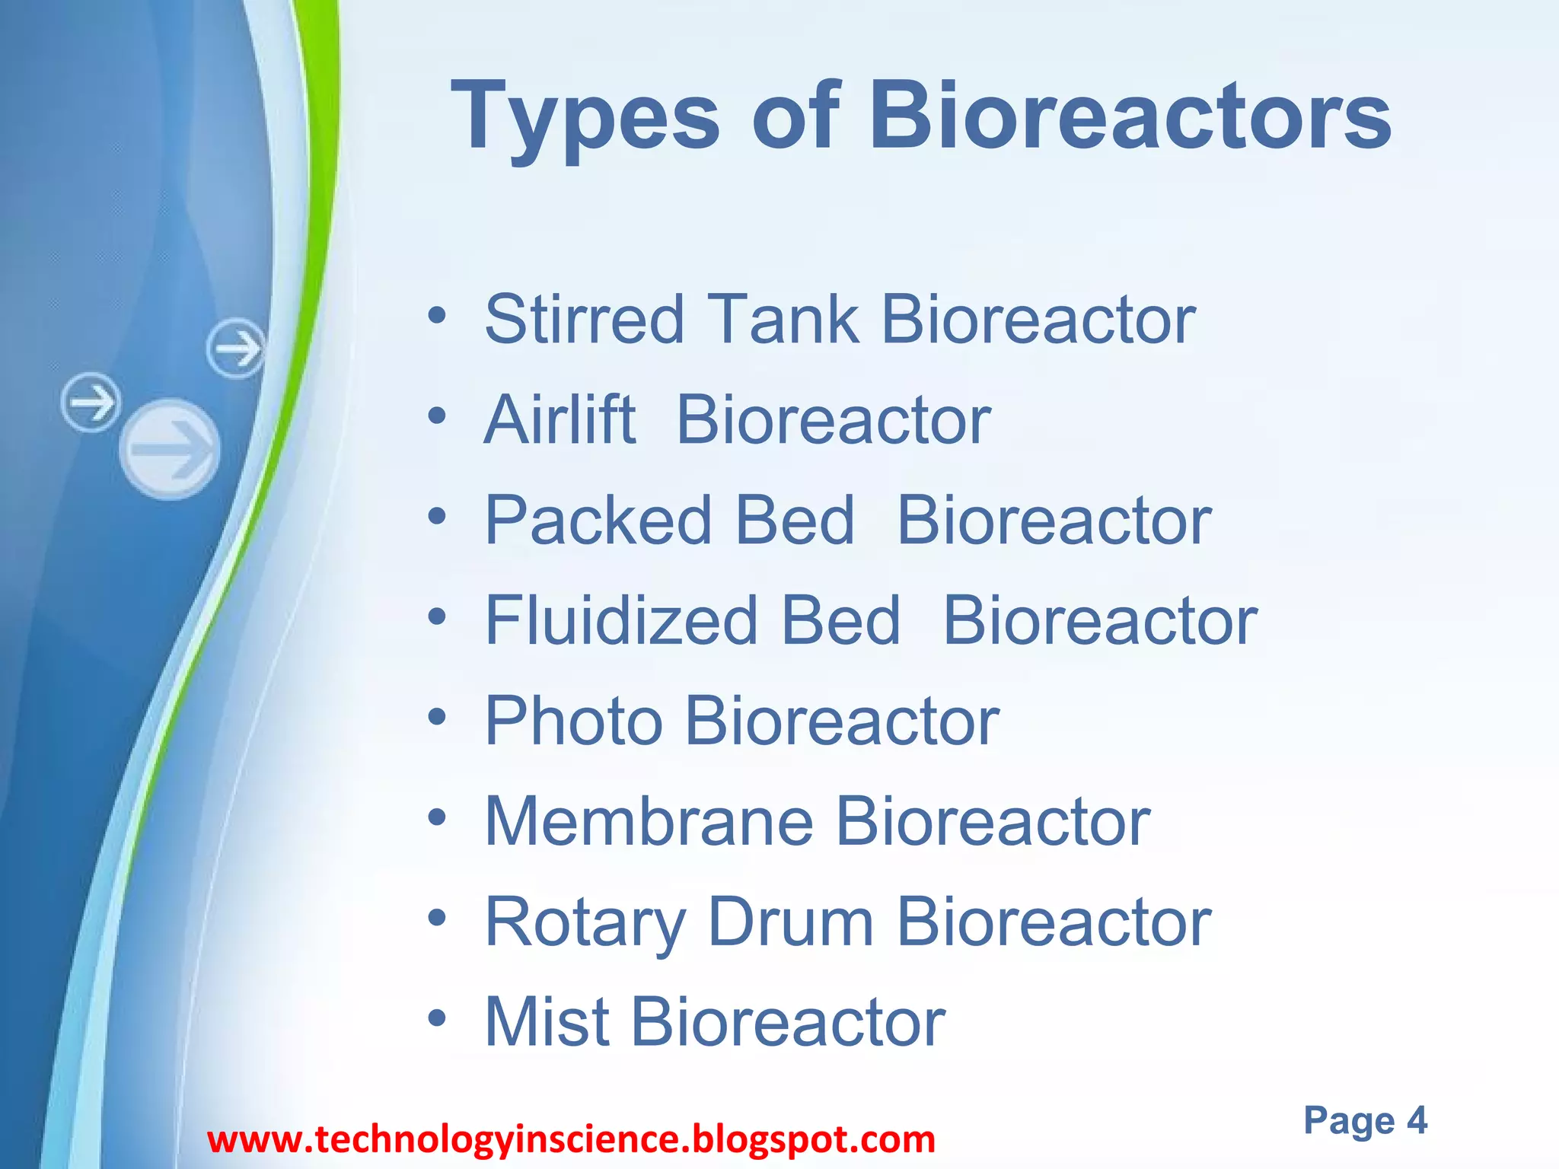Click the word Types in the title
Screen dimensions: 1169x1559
pos(585,118)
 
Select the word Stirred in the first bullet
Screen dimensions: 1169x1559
pos(585,320)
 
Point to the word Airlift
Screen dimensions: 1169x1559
pos(560,420)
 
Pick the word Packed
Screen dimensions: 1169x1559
pos(598,521)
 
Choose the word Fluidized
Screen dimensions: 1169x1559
pos(621,621)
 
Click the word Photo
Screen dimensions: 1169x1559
pos(573,721)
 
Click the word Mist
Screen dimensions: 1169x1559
pos(547,1022)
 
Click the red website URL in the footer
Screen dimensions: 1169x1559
pos(571,1140)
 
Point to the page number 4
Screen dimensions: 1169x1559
pos(1416,1120)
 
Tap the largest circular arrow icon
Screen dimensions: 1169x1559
pos(170,449)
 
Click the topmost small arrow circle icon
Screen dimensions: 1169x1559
pos(237,349)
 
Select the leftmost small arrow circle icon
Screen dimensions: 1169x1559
pos(91,402)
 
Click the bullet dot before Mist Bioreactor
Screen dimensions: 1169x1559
pos(436,1018)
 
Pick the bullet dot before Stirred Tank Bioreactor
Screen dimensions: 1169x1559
pos(436,315)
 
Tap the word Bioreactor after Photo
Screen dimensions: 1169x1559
pos(842,721)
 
